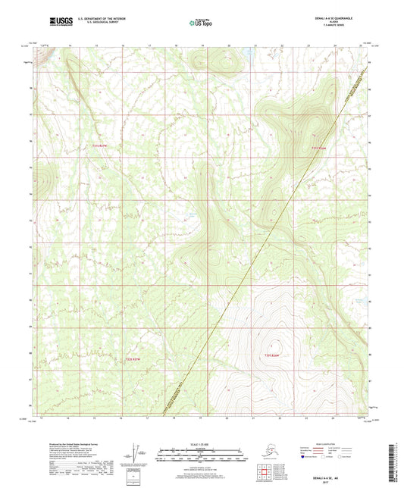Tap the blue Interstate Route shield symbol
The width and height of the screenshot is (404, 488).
point(304,458)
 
